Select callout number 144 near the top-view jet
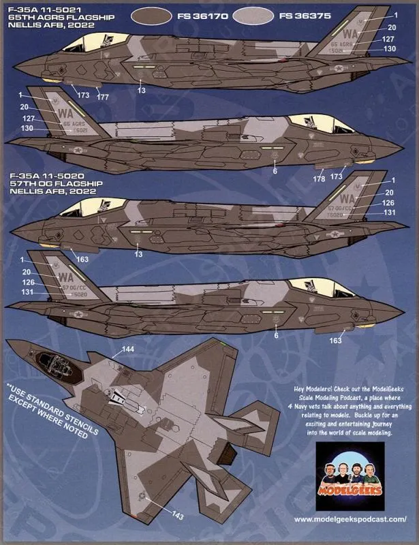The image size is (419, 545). click(127, 349)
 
